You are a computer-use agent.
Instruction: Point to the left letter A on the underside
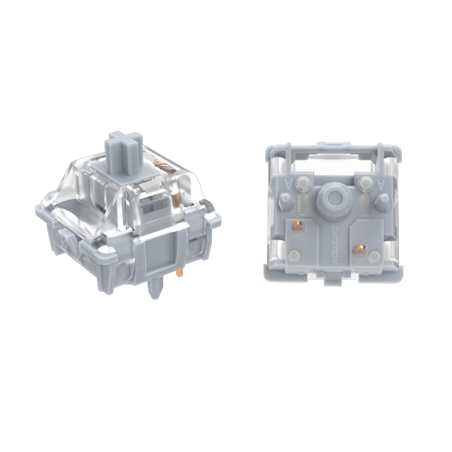click(x=287, y=183)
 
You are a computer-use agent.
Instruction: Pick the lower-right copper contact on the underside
click(x=361, y=249)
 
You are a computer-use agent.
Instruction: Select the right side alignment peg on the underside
click(x=382, y=202)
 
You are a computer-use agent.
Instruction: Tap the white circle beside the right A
click(x=365, y=184)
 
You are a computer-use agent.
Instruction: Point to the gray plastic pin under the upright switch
click(x=154, y=288)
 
